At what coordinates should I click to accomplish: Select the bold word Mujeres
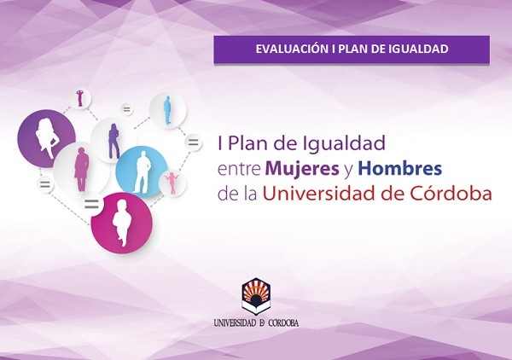[302, 170]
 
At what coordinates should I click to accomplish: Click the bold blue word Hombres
[400, 168]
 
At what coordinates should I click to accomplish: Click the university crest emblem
[256, 296]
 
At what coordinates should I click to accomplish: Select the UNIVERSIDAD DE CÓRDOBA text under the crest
[256, 322]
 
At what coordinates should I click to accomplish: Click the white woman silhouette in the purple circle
[46, 138]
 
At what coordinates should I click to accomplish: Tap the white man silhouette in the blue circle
[142, 171]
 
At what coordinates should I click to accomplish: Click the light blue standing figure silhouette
[167, 110]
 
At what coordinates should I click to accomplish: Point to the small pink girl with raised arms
[172, 183]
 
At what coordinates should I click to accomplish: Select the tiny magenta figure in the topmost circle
[80, 98]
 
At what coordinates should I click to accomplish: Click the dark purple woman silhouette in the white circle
[113, 141]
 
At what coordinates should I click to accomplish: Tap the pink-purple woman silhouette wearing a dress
[81, 169]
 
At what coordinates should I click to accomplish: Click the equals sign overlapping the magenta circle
[91, 205]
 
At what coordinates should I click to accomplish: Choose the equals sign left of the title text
[194, 142]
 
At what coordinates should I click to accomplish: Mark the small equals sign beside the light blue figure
[126, 110]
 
